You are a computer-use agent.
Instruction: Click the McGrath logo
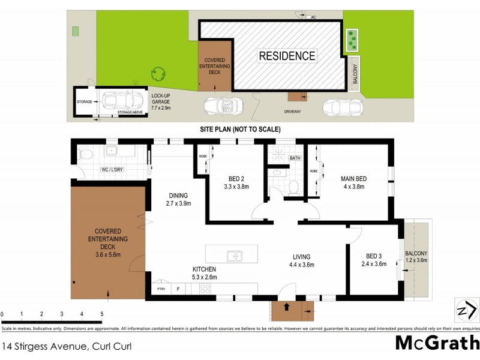click(x=437, y=343)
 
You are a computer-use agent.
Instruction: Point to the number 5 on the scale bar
click(x=102, y=314)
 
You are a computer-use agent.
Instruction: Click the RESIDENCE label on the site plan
click(x=287, y=56)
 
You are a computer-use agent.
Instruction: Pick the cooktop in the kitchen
click(x=205, y=289)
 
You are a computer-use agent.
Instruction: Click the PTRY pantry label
click(x=161, y=289)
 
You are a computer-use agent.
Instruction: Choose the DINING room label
click(x=178, y=196)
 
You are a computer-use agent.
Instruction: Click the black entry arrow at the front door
click(x=286, y=308)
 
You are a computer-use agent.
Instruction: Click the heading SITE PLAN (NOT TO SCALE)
click(x=240, y=130)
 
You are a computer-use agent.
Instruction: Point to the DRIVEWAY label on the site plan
click(x=293, y=112)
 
